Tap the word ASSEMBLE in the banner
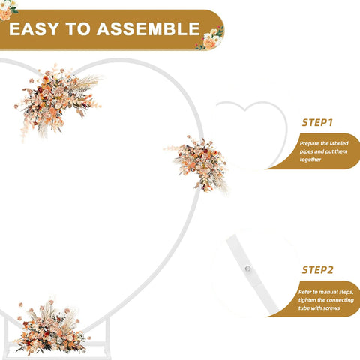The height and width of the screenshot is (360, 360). point(148,28)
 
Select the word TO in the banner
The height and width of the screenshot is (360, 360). point(78,28)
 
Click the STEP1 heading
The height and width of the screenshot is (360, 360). point(317,123)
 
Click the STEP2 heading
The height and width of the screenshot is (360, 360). point(317,270)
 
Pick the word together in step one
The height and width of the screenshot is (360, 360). point(310,160)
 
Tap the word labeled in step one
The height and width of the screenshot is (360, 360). point(339,143)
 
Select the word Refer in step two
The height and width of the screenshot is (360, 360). point(304,292)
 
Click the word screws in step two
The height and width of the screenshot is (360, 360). point(331,308)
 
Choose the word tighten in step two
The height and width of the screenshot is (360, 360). point(307,300)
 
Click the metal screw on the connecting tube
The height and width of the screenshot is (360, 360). point(247,268)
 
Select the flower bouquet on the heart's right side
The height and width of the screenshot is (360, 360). point(197,163)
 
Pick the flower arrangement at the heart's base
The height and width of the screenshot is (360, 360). point(51,328)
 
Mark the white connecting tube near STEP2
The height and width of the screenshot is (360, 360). point(253,274)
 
